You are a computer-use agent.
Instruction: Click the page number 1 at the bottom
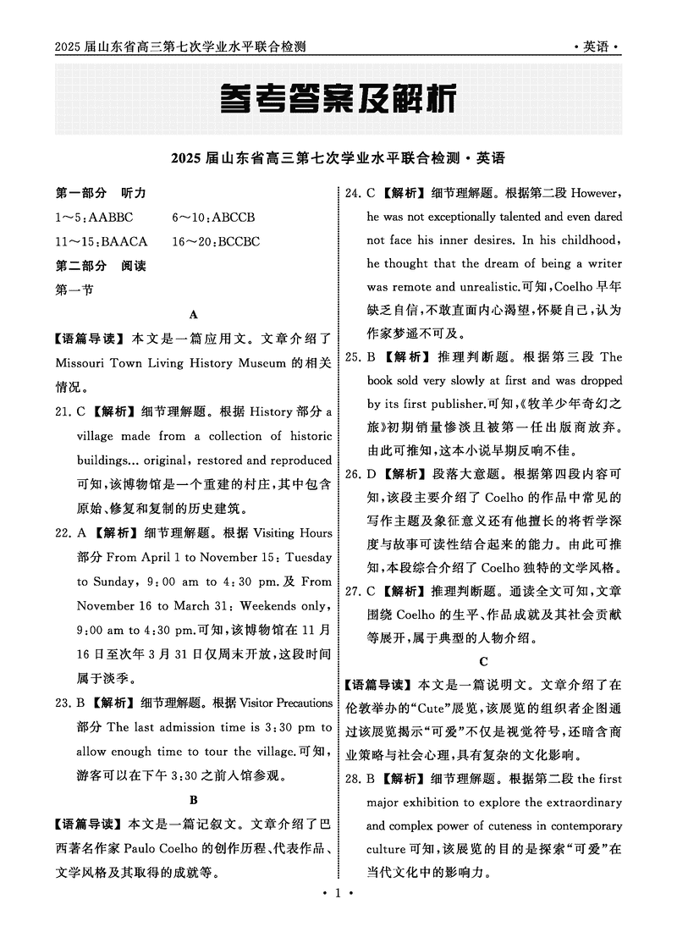[338, 917]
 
